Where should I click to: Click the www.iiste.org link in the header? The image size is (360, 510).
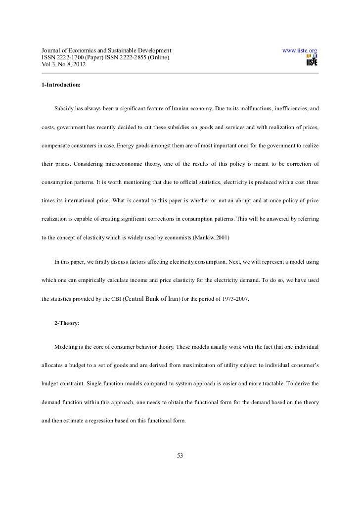[x=299, y=50]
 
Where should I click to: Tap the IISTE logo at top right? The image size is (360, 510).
[x=312, y=60]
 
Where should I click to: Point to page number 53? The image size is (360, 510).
[x=180, y=456]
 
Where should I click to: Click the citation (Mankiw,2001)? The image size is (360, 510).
[x=208, y=238]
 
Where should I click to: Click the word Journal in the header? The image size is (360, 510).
[x=50, y=50]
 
